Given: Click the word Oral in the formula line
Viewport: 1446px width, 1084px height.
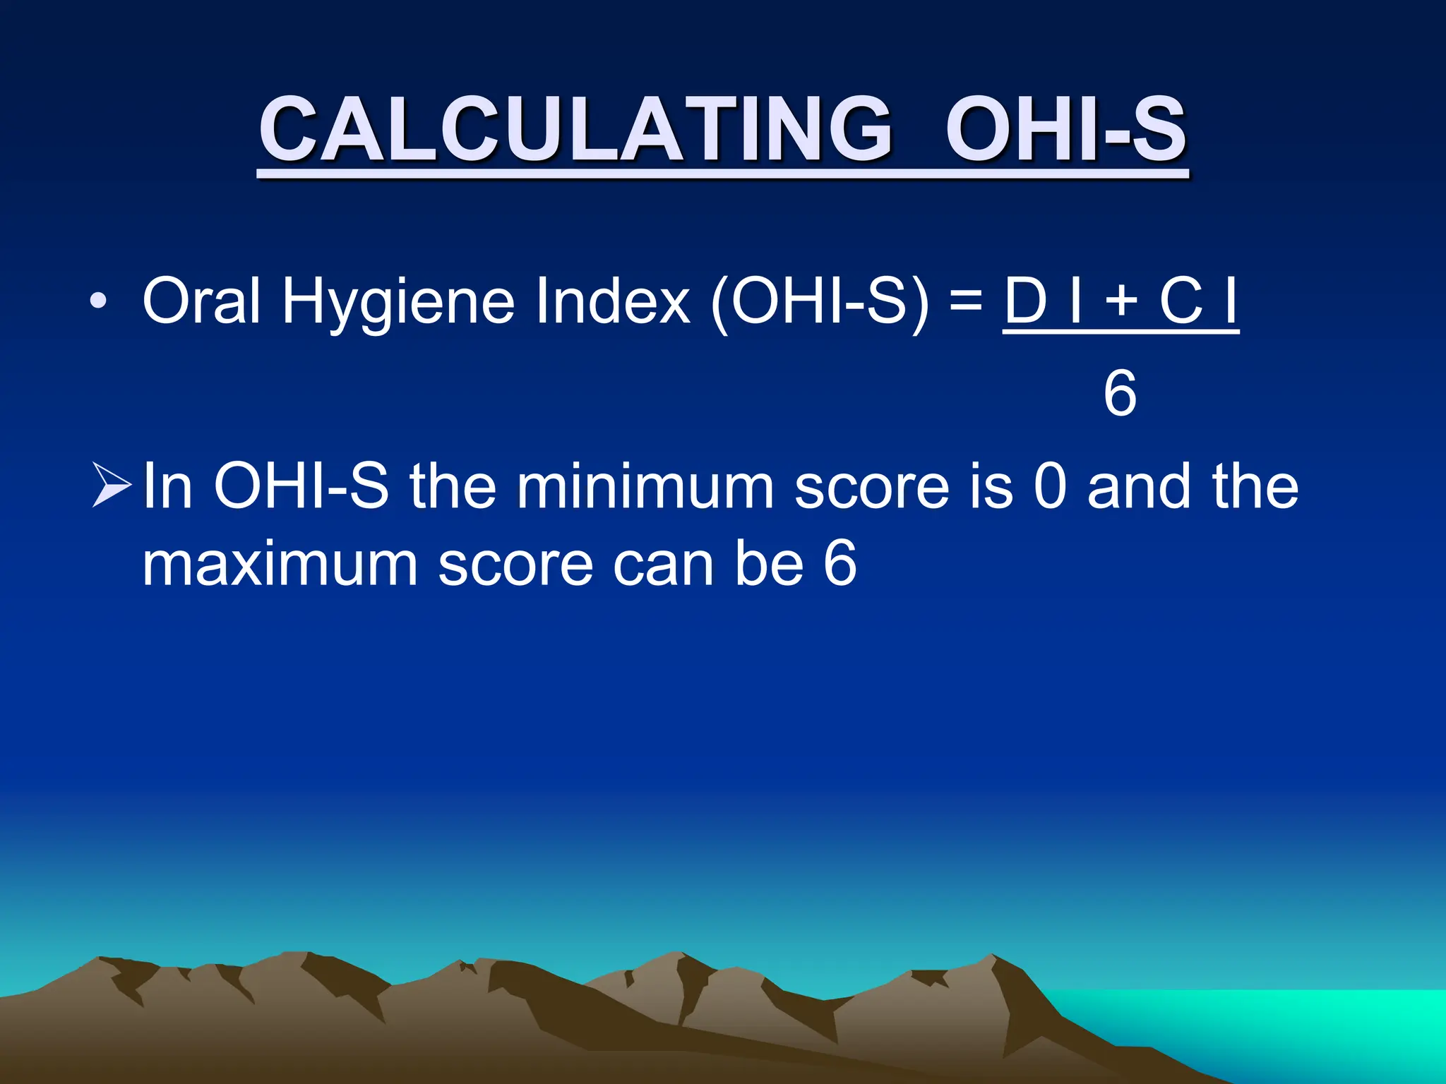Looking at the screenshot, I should (x=201, y=301).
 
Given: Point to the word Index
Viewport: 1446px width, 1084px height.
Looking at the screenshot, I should (x=612, y=301).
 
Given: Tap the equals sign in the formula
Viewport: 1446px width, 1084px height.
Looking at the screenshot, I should (x=966, y=299).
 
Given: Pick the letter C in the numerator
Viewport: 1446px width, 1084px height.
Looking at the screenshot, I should (x=1181, y=301).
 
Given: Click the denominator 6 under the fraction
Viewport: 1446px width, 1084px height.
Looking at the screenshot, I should (x=1120, y=393).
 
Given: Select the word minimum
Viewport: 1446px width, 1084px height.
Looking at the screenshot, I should (x=645, y=486).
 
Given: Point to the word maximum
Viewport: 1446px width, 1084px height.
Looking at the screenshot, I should (x=280, y=565).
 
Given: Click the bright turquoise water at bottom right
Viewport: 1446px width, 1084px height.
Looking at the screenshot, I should (x=1306, y=1023).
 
